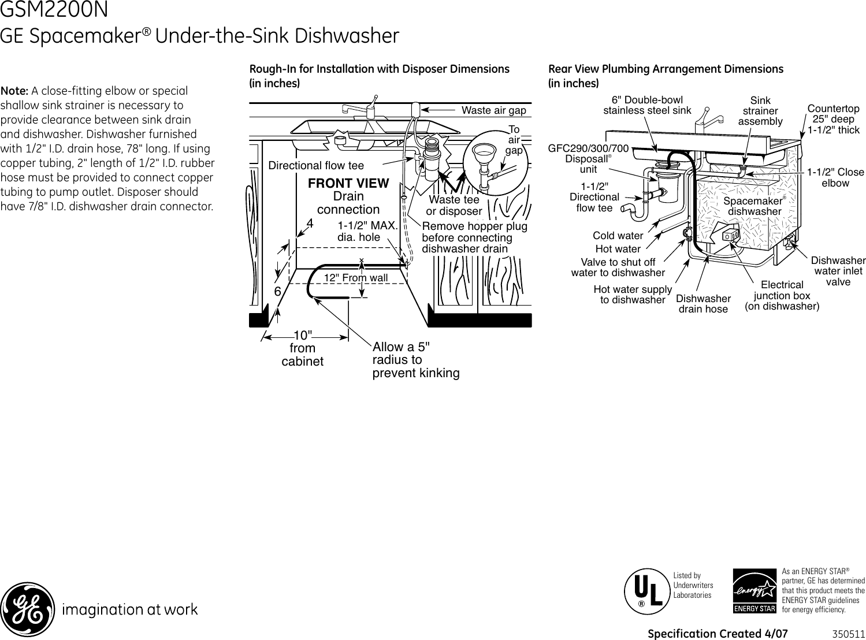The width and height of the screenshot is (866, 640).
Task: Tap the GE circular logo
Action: click(x=28, y=609)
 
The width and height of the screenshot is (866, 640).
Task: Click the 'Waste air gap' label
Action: click(x=493, y=110)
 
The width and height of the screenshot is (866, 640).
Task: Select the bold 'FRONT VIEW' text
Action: click(x=348, y=184)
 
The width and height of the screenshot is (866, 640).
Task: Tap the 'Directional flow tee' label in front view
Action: click(x=316, y=166)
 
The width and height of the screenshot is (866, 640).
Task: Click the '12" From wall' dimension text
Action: click(x=355, y=278)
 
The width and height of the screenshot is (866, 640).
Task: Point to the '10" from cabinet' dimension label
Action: click(x=302, y=348)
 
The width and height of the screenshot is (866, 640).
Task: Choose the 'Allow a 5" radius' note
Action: click(x=415, y=360)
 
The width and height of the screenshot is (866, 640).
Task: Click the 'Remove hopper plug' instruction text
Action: click(x=474, y=237)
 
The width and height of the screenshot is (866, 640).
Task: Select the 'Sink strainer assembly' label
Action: click(x=760, y=111)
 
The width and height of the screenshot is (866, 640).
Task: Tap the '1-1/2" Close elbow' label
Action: click(x=835, y=177)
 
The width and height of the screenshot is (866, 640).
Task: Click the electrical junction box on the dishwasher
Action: click(x=730, y=236)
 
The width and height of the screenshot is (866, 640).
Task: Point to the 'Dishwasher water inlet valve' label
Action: click(x=838, y=271)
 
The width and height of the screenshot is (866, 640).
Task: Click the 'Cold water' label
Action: click(x=618, y=236)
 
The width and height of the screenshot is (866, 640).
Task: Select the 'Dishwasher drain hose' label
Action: click(x=703, y=304)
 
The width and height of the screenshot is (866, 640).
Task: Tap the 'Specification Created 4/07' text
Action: click(x=718, y=634)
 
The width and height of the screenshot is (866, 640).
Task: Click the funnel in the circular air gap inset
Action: click(x=481, y=154)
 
